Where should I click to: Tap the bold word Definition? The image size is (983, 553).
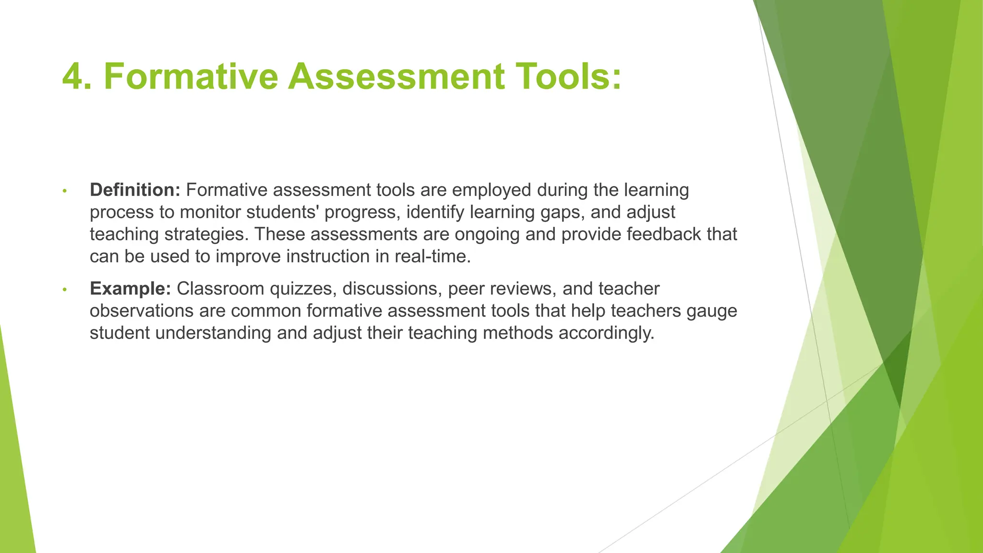pyautogui.click(x=135, y=190)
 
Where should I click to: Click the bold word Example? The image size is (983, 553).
pyautogui.click(x=130, y=289)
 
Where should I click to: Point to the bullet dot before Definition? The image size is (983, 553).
pyautogui.click(x=64, y=191)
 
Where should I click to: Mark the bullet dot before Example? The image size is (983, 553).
pyautogui.click(x=64, y=289)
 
